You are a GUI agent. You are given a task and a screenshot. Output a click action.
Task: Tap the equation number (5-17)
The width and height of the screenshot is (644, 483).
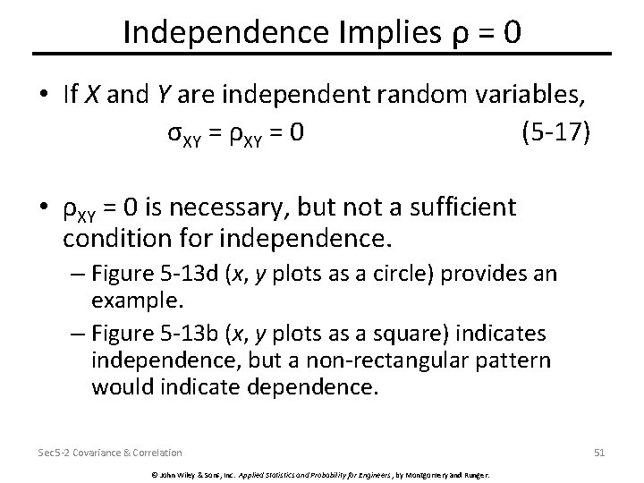coord(555,133)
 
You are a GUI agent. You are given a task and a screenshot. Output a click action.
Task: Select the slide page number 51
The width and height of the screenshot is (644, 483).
coord(599,453)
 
